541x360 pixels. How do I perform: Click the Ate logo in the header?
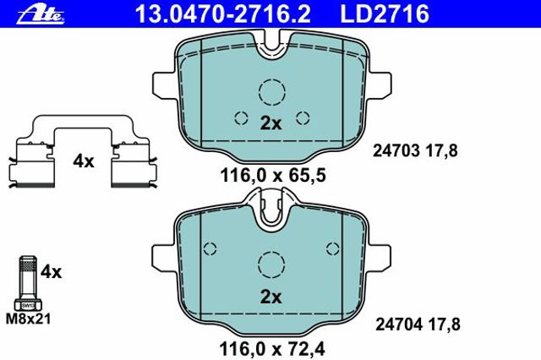coord(41,15)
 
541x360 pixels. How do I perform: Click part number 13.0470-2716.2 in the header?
coord(223,14)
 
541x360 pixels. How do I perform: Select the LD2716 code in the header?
coord(385,14)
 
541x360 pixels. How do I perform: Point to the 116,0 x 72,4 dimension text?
coord(272,349)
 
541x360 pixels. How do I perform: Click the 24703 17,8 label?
coord(415,151)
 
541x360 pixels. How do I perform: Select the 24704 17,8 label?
coord(418,325)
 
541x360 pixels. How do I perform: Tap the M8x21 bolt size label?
coord(28,319)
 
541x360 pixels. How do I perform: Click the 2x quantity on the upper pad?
coord(270,123)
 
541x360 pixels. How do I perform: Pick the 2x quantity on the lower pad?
coord(270,297)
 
